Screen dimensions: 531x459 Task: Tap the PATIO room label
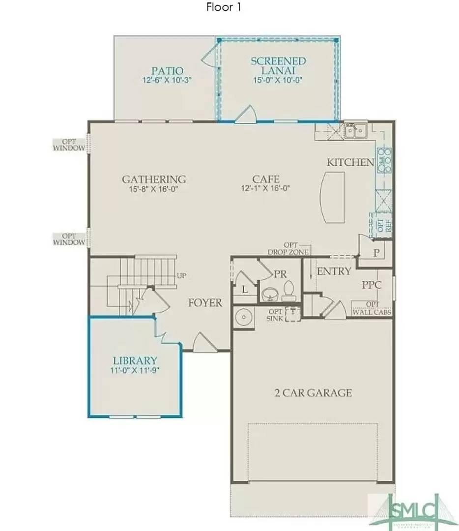[x=167, y=71]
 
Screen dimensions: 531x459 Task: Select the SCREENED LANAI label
[x=278, y=66]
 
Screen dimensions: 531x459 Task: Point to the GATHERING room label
[x=154, y=179]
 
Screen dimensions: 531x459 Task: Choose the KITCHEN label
[x=350, y=162]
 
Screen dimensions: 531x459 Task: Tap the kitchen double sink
[x=355, y=131]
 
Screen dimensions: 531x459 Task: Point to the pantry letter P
[x=376, y=253]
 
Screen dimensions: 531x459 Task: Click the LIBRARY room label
[x=134, y=360]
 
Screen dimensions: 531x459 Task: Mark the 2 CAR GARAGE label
[x=313, y=393]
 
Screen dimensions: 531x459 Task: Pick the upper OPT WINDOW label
[x=69, y=145]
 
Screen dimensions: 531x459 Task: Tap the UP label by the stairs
[x=181, y=276]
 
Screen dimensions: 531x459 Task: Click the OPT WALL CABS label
[x=372, y=309]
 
